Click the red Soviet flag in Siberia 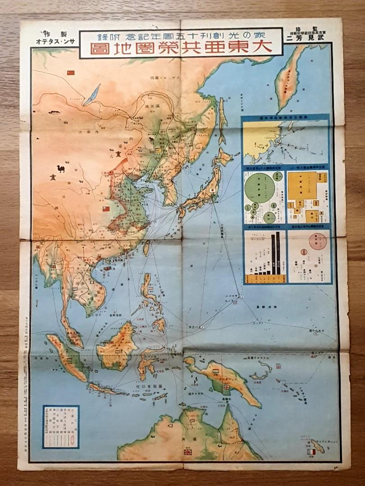point(70,72)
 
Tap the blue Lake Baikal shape point(92,93)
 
